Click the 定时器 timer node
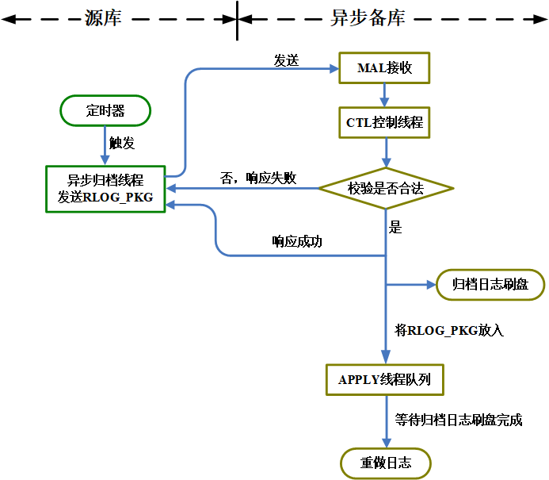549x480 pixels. [x=105, y=110]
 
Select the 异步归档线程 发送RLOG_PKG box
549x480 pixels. [x=105, y=188]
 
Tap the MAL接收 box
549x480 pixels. [x=384, y=68]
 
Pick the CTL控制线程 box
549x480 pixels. [x=384, y=123]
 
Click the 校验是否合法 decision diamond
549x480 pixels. [x=386, y=189]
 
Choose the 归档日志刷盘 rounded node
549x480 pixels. [x=490, y=285]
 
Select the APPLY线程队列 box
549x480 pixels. [x=384, y=379]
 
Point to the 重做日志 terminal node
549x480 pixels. [x=386, y=463]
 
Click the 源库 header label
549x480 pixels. [x=103, y=18]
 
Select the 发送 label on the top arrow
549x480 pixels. [x=286, y=61]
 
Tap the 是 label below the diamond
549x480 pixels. [x=396, y=228]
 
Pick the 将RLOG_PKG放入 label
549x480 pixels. [x=449, y=329]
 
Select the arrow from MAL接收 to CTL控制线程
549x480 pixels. [x=384, y=94]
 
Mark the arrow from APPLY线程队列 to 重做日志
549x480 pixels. [x=385, y=420]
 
